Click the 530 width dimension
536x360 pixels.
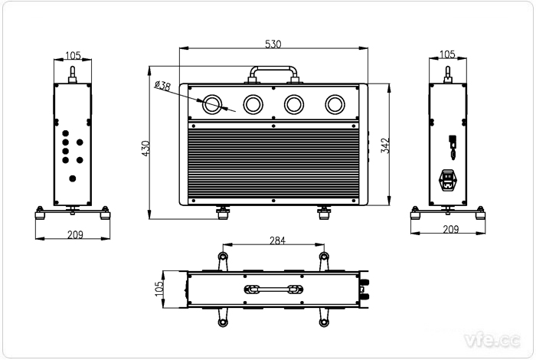coord(273,44)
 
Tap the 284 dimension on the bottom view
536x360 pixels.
coord(277,241)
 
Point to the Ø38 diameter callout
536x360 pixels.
coord(162,86)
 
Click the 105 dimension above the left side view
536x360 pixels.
coord(73,54)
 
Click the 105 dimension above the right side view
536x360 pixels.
coord(448,54)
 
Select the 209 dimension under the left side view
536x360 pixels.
coord(74,234)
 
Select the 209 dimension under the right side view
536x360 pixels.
coord(450,229)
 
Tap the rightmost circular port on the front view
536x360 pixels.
coord(335,104)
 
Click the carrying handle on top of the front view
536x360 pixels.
coord(273,72)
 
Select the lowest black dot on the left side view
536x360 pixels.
coord(73,178)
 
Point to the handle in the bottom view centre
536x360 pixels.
coord(273,289)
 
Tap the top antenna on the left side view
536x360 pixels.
coord(73,74)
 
